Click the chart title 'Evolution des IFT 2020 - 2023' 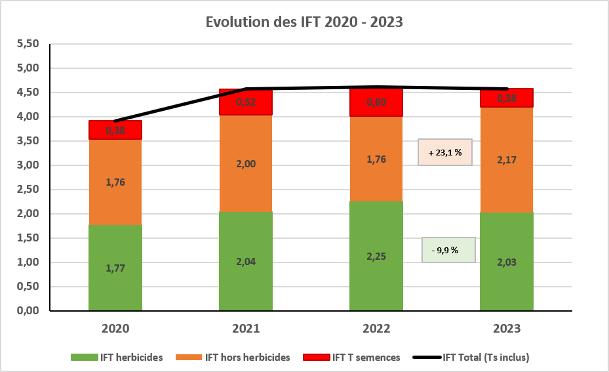click(304, 22)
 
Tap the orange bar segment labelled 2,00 click(246, 164)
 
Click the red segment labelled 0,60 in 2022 click(376, 102)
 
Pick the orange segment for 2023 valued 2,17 click(506, 159)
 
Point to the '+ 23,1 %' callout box click(445, 152)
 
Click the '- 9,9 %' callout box click(448, 250)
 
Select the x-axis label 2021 click(246, 328)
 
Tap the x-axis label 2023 click(506, 328)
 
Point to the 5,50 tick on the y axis click(28, 44)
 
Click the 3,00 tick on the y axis click(28, 165)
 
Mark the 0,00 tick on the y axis click(28, 310)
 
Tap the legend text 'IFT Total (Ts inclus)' click(486, 358)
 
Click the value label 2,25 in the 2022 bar click(376, 256)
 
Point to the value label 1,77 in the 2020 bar click(115, 268)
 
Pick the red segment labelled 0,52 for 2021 click(246, 103)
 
